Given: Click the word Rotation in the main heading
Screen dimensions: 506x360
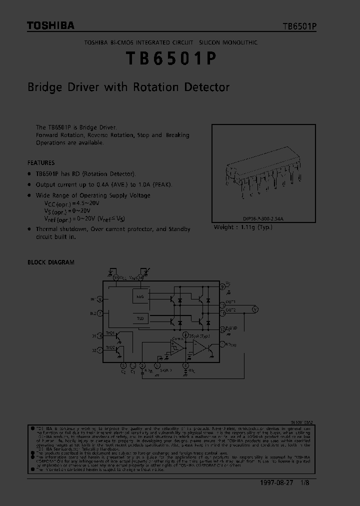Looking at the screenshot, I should [x=155, y=87].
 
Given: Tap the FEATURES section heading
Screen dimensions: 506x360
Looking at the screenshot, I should [x=41, y=163].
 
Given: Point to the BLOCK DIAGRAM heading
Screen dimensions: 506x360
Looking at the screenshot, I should [x=50, y=262].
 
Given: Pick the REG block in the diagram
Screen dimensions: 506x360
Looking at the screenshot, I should [x=140, y=296].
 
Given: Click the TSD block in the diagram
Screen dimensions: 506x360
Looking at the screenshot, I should [x=140, y=318].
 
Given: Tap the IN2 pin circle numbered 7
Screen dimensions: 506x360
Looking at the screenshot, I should [x=101, y=313].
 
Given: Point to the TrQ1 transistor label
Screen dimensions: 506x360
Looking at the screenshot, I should [x=110, y=332].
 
